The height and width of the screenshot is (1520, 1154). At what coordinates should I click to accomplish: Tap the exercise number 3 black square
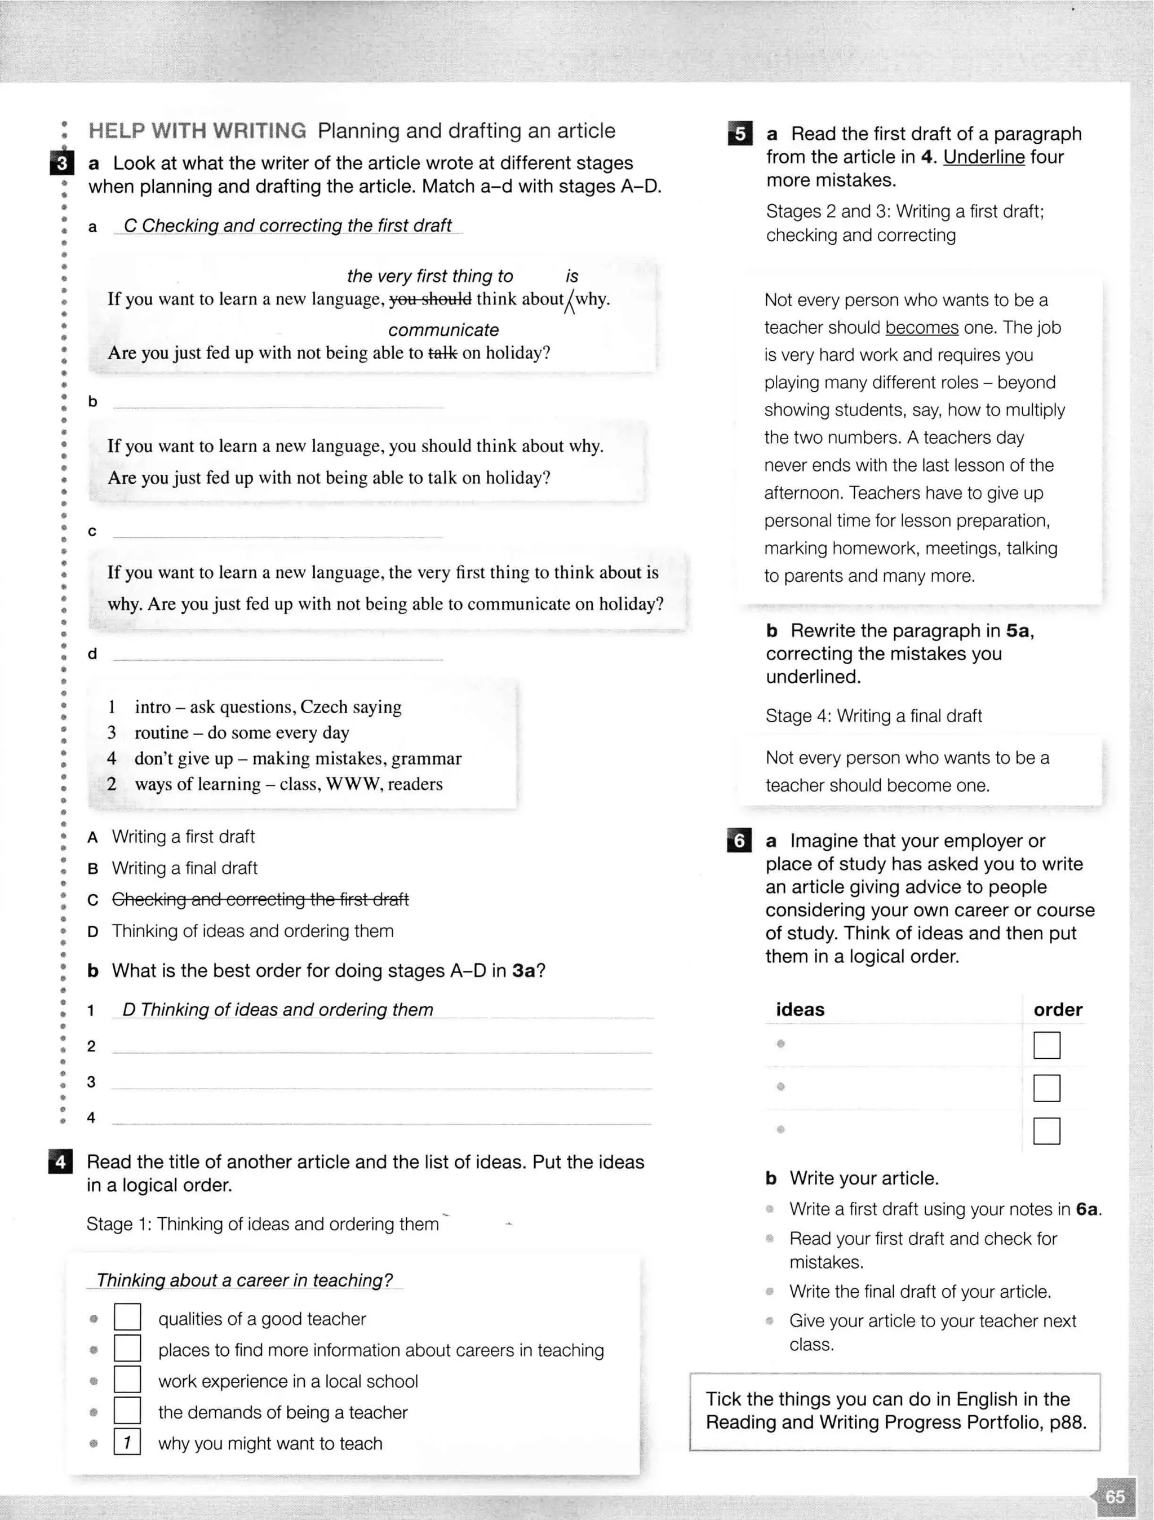[x=62, y=164]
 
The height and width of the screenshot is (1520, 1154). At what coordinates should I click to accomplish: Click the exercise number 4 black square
[x=60, y=1162]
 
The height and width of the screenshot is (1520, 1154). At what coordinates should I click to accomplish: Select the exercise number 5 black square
[x=740, y=133]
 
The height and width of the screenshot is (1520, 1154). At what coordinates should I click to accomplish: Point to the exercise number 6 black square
[x=739, y=841]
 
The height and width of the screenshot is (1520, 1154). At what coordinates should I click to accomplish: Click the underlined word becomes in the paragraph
[x=921, y=328]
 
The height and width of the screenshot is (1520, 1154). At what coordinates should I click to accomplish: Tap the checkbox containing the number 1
[x=127, y=1442]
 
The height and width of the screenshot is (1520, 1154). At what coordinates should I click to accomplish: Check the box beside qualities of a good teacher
[x=127, y=1317]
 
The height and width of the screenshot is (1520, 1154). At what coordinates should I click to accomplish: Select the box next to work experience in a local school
[x=127, y=1380]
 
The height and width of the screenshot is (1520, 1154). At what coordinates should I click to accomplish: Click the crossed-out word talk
[x=442, y=353]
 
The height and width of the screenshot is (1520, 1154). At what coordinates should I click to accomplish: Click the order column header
[x=1057, y=1009]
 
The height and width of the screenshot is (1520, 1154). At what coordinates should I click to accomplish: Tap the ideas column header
[x=800, y=1009]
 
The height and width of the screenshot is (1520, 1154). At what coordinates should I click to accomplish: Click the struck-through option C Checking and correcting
[x=260, y=899]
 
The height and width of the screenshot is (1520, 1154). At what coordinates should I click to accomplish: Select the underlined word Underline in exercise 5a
[x=984, y=157]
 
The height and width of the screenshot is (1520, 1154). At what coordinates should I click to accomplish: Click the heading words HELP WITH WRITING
[x=197, y=131]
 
